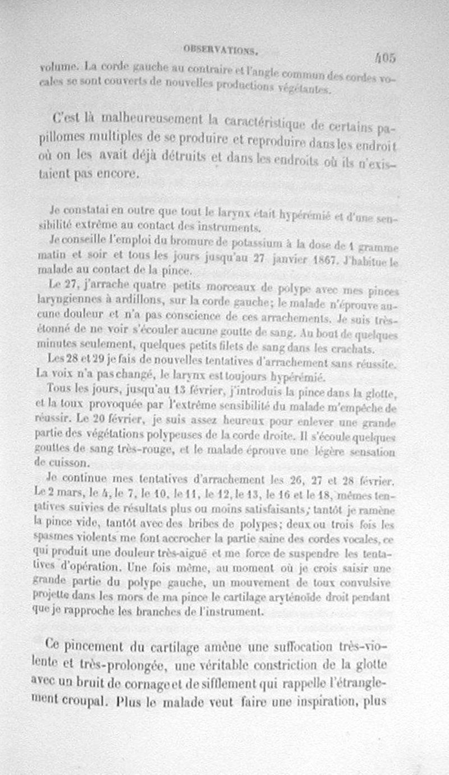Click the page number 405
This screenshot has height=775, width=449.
386,57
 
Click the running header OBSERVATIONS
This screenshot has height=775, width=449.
221,50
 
